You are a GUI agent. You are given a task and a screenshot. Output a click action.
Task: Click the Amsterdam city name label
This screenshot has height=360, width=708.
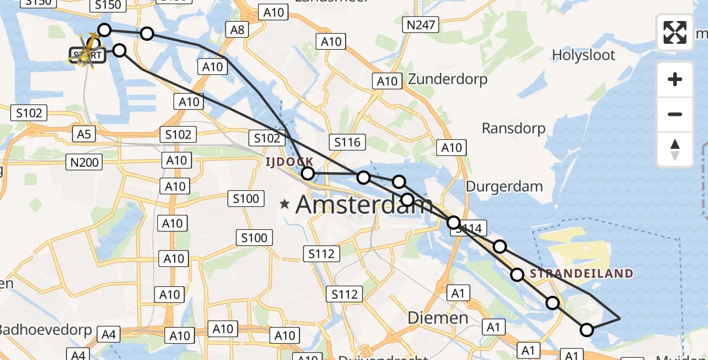point(364,206)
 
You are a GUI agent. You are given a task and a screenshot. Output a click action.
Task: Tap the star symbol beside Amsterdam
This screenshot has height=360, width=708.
point(285,205)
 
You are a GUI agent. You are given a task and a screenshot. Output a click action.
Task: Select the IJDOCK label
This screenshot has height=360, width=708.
point(290,162)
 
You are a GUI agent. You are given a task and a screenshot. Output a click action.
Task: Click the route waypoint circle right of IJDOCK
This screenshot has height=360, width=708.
point(307,174)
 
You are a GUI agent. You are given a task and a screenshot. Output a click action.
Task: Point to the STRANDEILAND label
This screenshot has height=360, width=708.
point(581,274)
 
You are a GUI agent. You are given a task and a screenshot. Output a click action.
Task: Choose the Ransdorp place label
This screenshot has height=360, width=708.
point(514,128)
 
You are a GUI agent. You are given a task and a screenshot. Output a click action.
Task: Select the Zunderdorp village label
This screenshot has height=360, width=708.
point(448,79)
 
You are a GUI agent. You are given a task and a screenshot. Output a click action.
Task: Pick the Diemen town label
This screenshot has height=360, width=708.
point(438,317)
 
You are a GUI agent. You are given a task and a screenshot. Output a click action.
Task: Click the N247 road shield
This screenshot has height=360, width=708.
point(421,25)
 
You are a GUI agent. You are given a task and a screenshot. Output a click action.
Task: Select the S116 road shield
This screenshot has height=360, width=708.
point(347,142)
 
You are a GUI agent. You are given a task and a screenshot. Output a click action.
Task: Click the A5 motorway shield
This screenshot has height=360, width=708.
point(83,133)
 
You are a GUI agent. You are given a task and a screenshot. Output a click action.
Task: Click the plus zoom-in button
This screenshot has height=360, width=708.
point(675,80)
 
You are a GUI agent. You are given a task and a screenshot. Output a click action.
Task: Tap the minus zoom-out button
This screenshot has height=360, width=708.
point(675,114)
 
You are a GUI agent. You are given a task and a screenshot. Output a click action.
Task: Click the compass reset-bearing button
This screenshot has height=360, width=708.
point(675,149)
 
